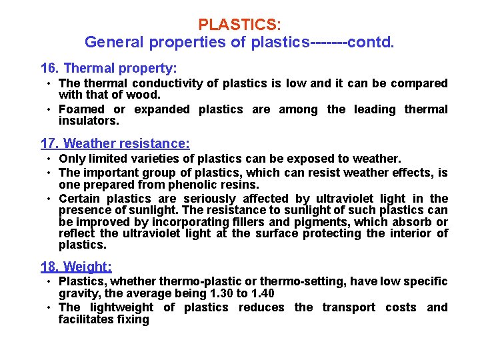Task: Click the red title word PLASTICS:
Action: click(239, 25)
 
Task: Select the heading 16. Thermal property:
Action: click(109, 68)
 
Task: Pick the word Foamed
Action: click(81, 109)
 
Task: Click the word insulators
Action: click(89, 121)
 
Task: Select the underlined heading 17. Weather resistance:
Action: click(115, 143)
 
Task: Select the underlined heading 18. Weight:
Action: click(76, 267)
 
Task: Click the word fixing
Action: click(132, 319)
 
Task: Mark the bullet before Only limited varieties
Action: click(50, 159)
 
